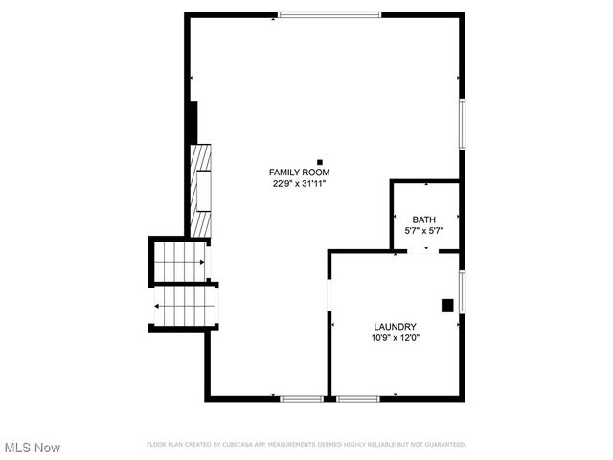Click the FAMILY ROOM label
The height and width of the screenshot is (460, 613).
click(x=300, y=172)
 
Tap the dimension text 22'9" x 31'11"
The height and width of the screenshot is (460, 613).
click(x=300, y=184)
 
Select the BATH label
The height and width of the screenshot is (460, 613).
click(x=423, y=219)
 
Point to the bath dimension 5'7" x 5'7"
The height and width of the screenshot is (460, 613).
click(x=423, y=231)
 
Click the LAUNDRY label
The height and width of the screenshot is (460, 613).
click(x=395, y=327)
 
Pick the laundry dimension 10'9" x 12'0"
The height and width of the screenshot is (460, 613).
click(x=395, y=338)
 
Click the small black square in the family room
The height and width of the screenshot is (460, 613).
click(x=320, y=162)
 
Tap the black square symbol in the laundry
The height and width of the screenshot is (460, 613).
click(x=446, y=306)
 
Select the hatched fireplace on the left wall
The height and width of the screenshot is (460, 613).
click(x=200, y=190)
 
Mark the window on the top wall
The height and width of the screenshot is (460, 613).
click(x=329, y=14)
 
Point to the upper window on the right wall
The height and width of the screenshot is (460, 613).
click(x=462, y=125)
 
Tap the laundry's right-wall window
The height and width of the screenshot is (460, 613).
click(x=462, y=291)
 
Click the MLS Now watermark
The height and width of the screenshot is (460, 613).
click(x=33, y=448)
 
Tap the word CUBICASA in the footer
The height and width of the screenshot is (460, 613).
click(x=248, y=445)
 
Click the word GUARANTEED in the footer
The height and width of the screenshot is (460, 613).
click(x=443, y=445)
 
